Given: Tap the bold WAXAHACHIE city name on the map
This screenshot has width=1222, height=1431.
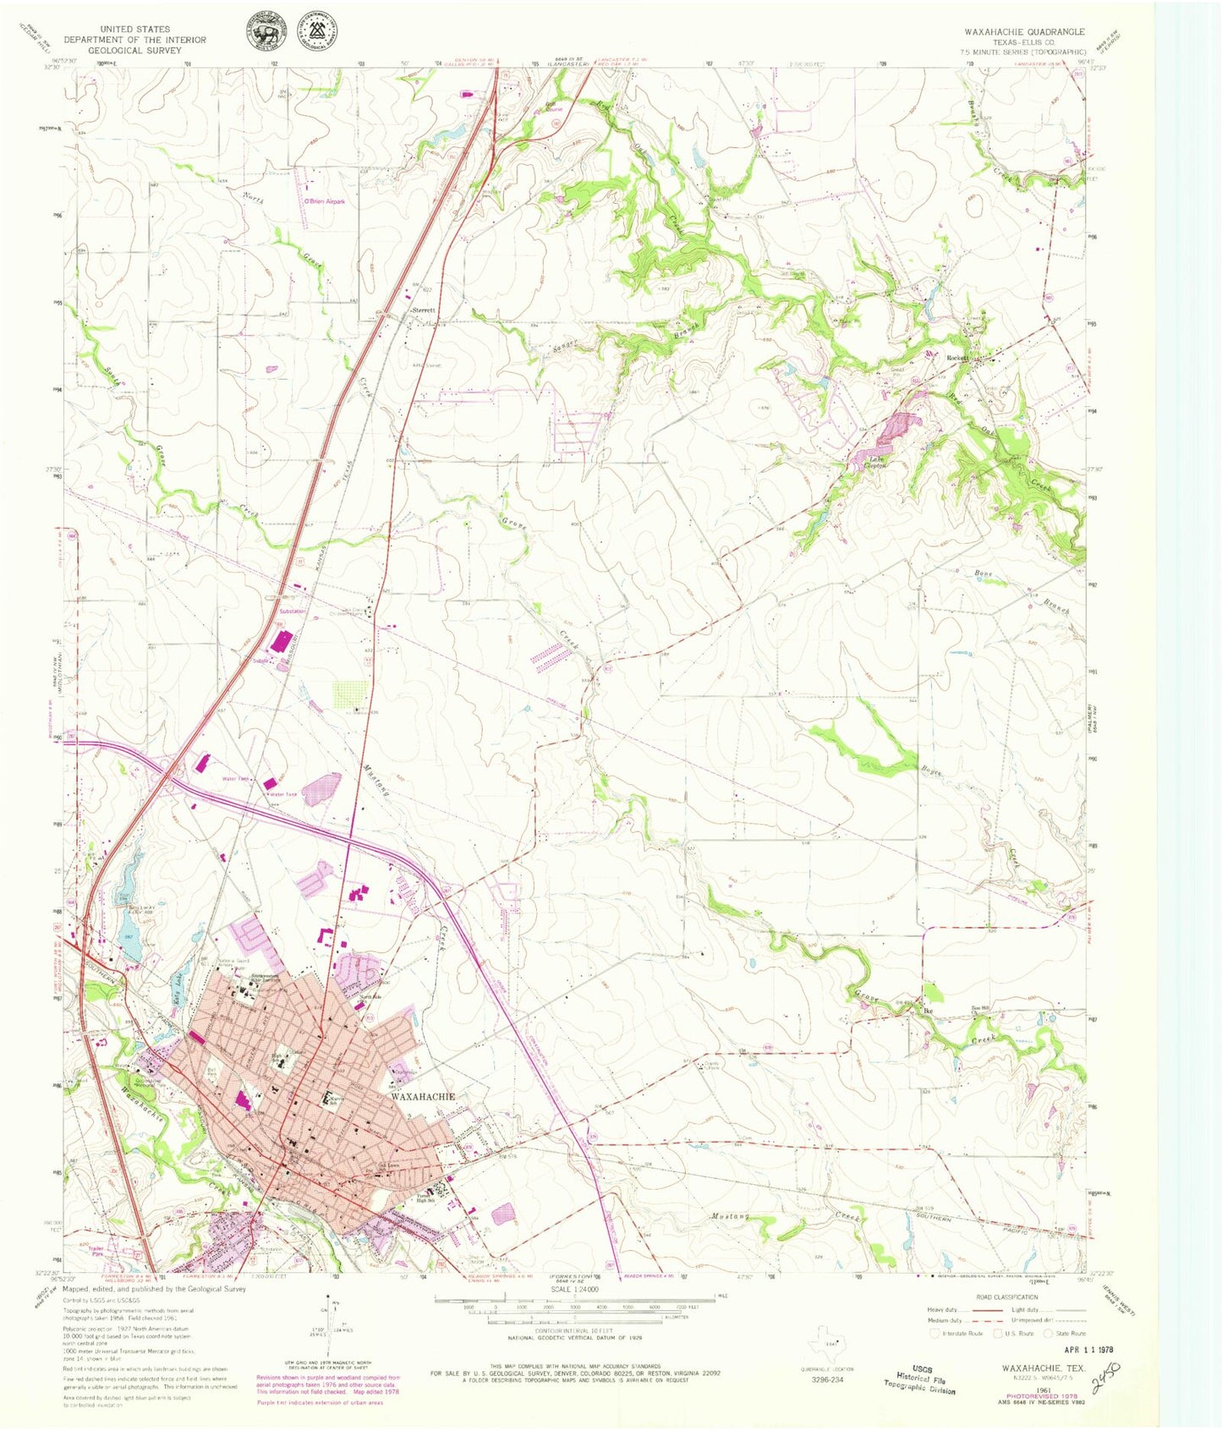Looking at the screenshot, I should point(423,1096).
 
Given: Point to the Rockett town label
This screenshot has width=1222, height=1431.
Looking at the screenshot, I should point(956,359).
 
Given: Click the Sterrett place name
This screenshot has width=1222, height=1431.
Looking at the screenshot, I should point(424,310).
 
